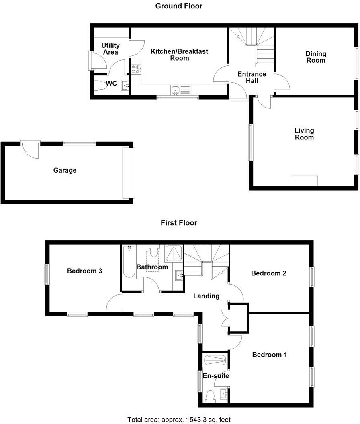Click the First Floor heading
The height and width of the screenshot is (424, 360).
179,222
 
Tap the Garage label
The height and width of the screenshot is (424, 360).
65,170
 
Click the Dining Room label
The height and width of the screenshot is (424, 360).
316,57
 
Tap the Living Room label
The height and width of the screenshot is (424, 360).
304,134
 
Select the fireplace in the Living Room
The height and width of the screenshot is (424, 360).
305,181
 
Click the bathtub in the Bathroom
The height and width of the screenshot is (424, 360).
129,262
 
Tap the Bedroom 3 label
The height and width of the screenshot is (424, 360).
84,271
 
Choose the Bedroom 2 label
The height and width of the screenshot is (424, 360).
268,273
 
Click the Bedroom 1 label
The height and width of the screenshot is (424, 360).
269,355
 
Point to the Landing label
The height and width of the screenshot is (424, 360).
206,296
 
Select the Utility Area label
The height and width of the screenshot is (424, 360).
110,49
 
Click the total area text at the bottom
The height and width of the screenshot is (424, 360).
179,419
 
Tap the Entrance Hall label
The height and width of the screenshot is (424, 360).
252,77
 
